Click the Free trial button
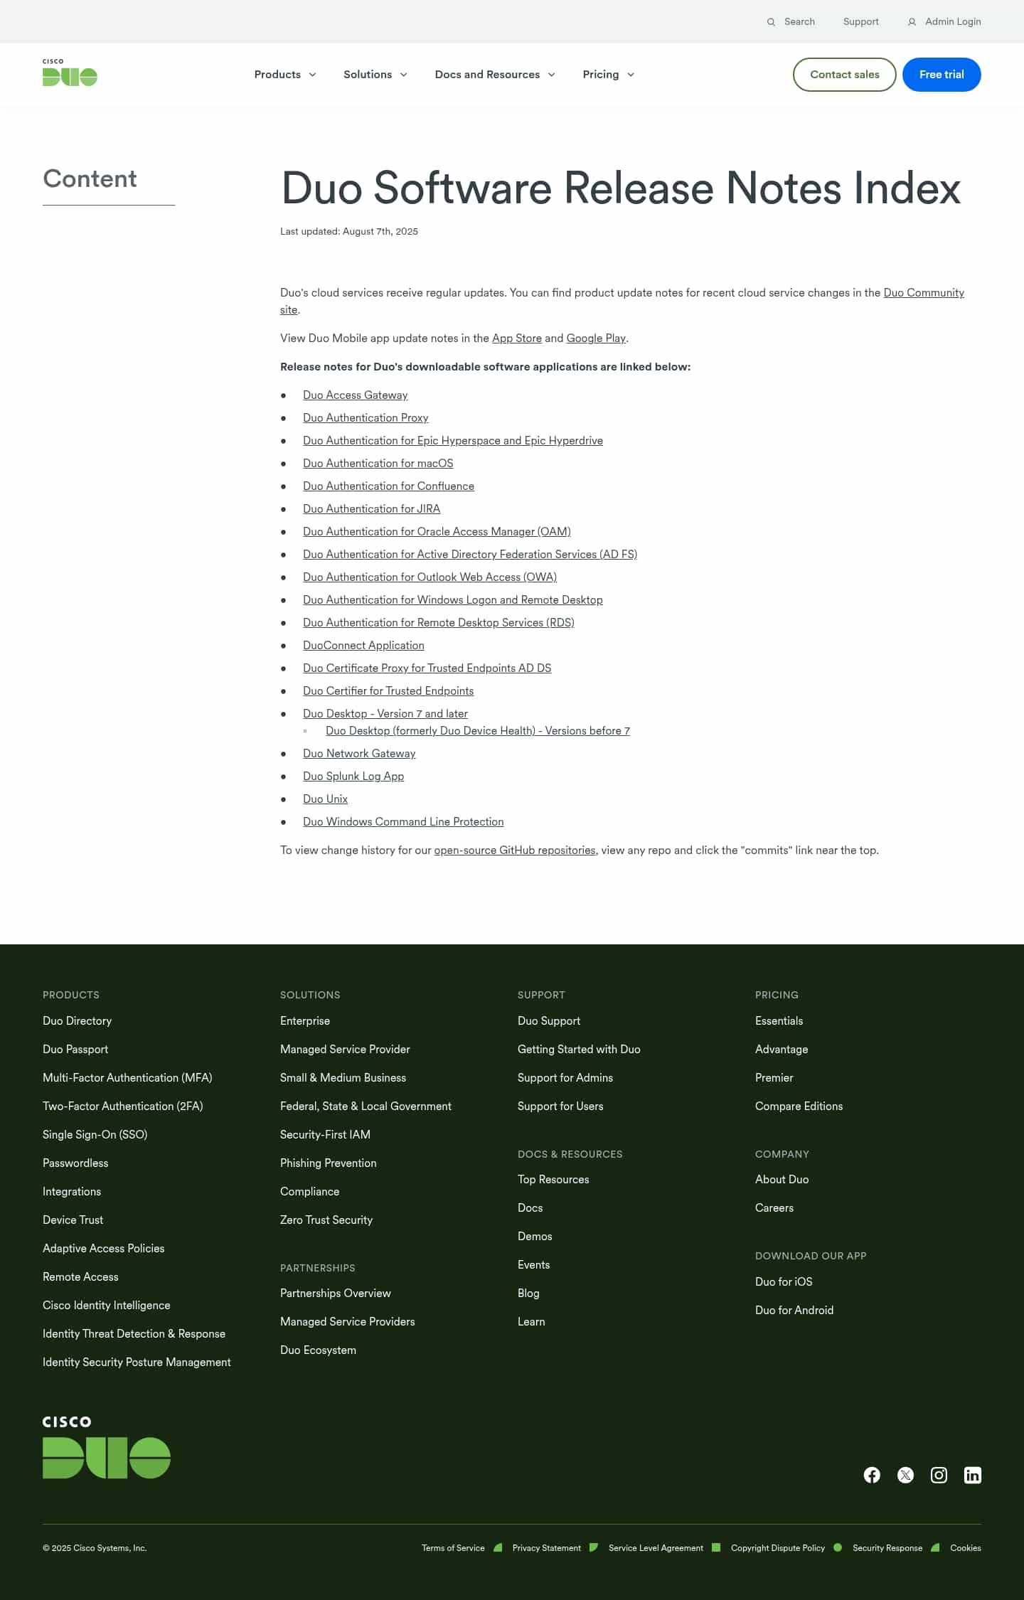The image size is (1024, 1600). pyautogui.click(x=941, y=75)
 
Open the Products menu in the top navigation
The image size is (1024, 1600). pyautogui.click(x=284, y=75)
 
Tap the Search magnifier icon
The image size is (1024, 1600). pyautogui.click(x=771, y=22)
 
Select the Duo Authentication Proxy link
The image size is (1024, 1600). pyautogui.click(x=366, y=418)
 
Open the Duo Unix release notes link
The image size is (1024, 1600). pyautogui.click(x=325, y=799)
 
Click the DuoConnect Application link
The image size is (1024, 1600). pyautogui.click(x=363, y=646)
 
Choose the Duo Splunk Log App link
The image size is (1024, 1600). pyautogui.click(x=353, y=777)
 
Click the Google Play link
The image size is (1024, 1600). pyautogui.click(x=596, y=338)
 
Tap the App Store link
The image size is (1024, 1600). pyautogui.click(x=517, y=338)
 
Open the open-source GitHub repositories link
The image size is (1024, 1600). pyautogui.click(x=515, y=850)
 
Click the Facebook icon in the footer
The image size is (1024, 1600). pyautogui.click(x=872, y=1476)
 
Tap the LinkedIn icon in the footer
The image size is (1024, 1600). pyautogui.click(x=972, y=1476)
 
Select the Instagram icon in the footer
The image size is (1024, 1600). pyautogui.click(x=939, y=1476)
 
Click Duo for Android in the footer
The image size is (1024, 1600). pyautogui.click(x=794, y=1311)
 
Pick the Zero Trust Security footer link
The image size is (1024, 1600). pyautogui.click(x=326, y=1220)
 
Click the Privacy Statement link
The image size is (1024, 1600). pyautogui.click(x=546, y=1548)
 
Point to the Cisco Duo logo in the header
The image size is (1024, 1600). pyautogui.click(x=70, y=73)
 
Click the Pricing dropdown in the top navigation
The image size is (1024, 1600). pyautogui.click(x=608, y=75)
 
